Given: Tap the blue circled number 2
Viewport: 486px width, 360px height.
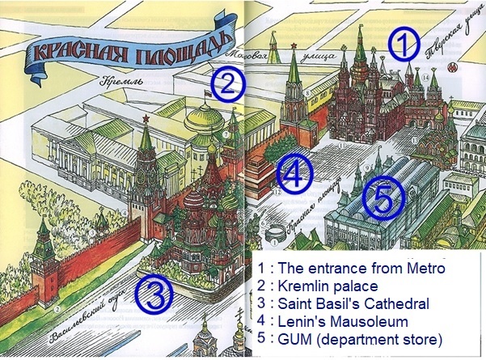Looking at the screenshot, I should point(229,81).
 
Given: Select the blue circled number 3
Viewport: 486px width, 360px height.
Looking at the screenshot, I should point(154,294).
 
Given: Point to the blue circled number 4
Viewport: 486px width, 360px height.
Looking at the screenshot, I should point(295,172).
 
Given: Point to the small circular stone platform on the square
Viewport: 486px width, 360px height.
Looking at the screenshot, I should point(275,231).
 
